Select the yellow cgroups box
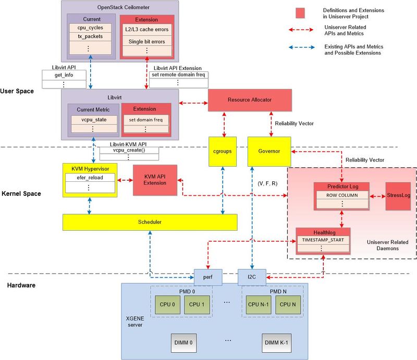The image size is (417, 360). [x=223, y=151]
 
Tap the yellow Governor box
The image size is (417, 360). [x=269, y=151]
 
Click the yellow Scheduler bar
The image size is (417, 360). [x=150, y=222]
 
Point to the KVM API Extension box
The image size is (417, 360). [x=154, y=180]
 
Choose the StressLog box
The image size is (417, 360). [x=398, y=196]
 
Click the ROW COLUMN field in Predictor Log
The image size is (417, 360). [x=341, y=195]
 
